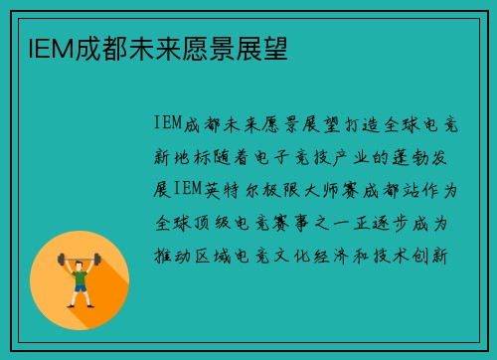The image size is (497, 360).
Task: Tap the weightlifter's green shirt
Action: coord(80,273)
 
